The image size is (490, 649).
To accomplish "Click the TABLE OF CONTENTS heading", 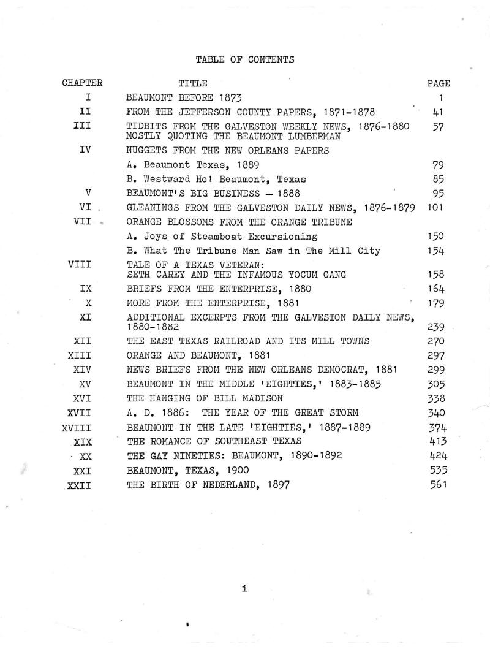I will pos(245,59).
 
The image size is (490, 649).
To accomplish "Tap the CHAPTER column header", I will pos(82,83).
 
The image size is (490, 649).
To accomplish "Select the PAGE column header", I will pos(438,83).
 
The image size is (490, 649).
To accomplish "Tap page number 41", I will pos(438,111).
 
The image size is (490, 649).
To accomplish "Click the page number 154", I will pos(437,250).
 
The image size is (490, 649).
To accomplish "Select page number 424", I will pos(437,455).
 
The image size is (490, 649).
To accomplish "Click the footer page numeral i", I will pos(244,589).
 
